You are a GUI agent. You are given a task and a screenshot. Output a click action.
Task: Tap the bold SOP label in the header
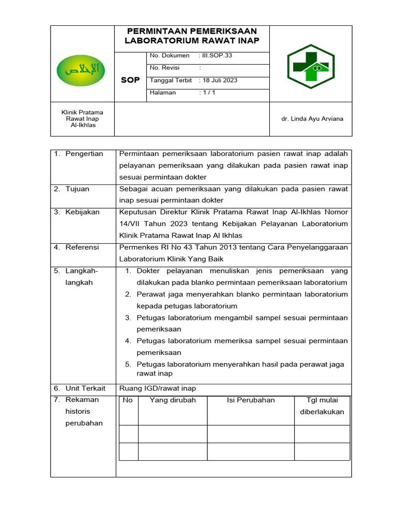tap(130, 80)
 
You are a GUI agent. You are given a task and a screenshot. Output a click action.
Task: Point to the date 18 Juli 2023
tap(220, 80)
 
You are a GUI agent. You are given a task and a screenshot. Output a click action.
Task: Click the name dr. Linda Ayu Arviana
tap(312, 119)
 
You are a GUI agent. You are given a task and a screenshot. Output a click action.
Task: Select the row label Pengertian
tap(84, 153)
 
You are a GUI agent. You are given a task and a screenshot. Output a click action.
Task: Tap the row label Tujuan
tap(77, 189)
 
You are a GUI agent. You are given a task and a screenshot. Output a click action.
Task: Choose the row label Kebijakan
tap(82, 212)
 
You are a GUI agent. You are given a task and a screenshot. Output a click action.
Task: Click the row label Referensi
tap(82, 247)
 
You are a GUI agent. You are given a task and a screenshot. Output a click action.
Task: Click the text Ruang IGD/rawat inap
tap(158, 388)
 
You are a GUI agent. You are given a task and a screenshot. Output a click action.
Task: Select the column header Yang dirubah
tap(173, 400)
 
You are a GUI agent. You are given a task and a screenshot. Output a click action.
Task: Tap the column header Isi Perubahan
tap(251, 400)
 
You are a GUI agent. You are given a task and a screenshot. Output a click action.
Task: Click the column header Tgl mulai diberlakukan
tap(322, 406)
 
